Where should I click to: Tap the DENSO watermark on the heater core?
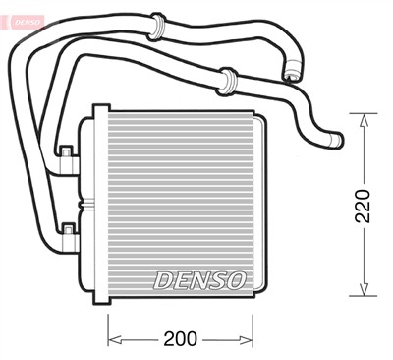[198, 279]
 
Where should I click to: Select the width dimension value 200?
[180, 339]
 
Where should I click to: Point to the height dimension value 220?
[364, 205]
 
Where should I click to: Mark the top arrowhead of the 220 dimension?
[364, 119]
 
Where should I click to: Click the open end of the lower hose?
[336, 143]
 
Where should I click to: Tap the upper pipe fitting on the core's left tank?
[67, 153]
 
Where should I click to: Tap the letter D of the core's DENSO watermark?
[162, 279]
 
